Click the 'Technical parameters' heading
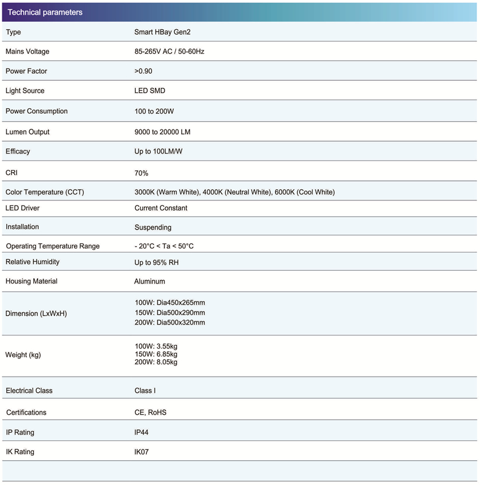pyautogui.click(x=45, y=12)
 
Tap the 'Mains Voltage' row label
pyautogui.click(x=28, y=52)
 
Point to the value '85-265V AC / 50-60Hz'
pyautogui.click(x=169, y=52)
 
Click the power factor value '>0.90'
pyautogui.click(x=144, y=71)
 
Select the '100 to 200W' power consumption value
pyautogui.click(x=154, y=111)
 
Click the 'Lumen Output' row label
pyautogui.click(x=28, y=132)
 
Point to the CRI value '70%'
pyautogui.click(x=142, y=173)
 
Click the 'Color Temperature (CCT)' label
pyautogui.click(x=44, y=192)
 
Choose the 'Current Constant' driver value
pyautogui.click(x=161, y=208)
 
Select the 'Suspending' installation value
pyautogui.click(x=153, y=227)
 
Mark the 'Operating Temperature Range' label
pyautogui.click(x=53, y=246)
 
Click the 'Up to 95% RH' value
pyautogui.click(x=156, y=262)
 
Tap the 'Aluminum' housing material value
pyautogui.click(x=150, y=281)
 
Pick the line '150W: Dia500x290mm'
pyautogui.click(x=170, y=313)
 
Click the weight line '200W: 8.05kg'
pyautogui.click(x=156, y=362)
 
